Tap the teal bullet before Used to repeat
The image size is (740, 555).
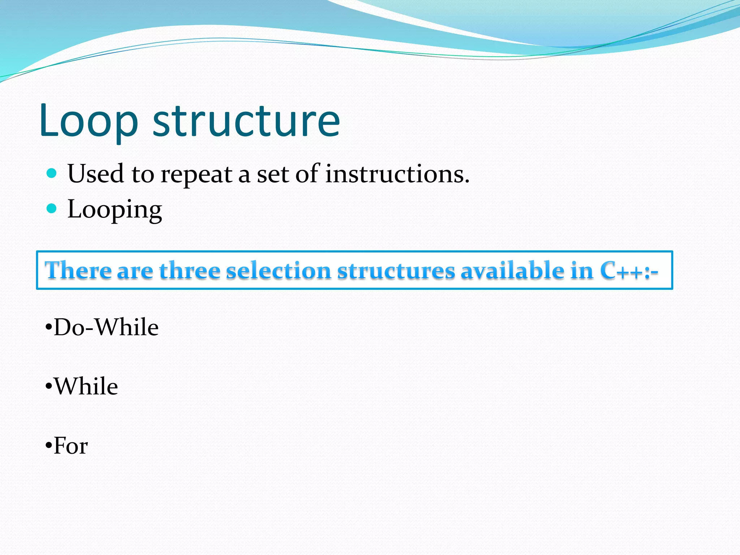point(52,173)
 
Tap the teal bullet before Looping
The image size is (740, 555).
point(52,208)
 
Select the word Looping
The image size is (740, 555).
point(115,210)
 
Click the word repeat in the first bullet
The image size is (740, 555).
point(196,175)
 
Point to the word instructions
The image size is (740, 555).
point(397,174)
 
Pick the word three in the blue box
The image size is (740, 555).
point(190,271)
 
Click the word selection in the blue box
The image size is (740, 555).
point(278,271)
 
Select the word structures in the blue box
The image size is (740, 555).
point(396,271)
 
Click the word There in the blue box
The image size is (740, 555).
point(78,271)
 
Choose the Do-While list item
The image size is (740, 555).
point(106,327)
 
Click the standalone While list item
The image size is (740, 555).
point(86,386)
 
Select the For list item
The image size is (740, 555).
point(70,446)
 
